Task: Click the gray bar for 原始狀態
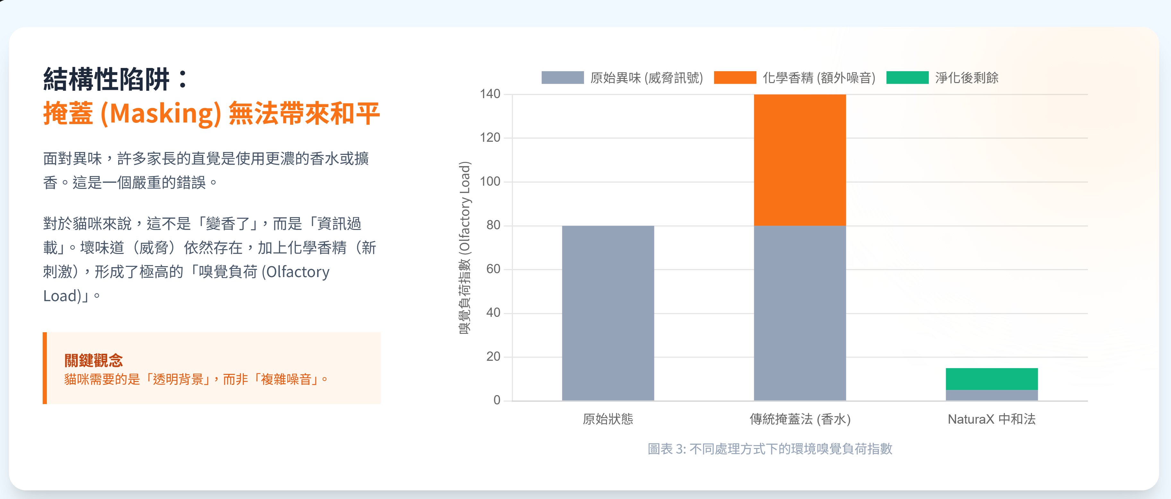608,313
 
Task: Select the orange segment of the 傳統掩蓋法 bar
800,160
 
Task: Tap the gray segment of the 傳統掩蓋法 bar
800,313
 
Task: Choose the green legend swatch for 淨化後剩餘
907,78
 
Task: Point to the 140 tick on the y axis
490,94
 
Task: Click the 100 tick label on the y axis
490,182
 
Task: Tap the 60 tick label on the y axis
493,269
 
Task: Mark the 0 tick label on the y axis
497,400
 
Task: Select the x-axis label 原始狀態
608,419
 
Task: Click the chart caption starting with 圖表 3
770,449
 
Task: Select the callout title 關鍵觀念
94,360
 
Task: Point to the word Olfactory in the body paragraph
298,272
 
